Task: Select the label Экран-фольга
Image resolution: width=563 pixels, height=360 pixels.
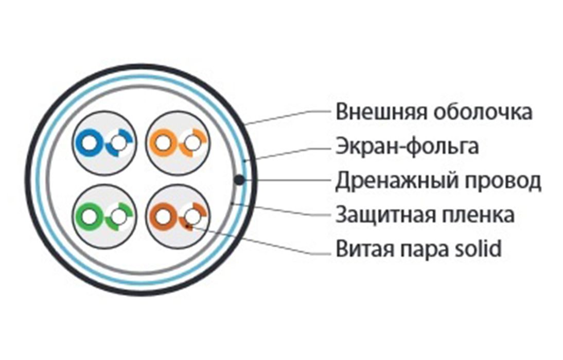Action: pyautogui.click(x=407, y=146)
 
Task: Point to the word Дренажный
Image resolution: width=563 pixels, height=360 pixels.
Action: pyautogui.click(x=397, y=181)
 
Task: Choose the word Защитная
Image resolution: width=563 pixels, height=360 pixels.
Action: pyautogui.click(x=385, y=215)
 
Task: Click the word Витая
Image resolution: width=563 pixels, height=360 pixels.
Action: pyautogui.click(x=363, y=249)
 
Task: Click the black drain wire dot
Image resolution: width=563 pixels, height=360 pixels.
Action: pyautogui.click(x=239, y=179)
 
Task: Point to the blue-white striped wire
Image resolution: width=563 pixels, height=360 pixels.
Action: pyautogui.click(x=119, y=143)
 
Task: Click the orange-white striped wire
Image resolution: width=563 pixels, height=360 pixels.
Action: pyautogui.click(x=193, y=143)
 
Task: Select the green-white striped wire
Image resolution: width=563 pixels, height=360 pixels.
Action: pyautogui.click(x=119, y=217)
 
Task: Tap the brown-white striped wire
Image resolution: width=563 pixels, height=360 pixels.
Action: pyautogui.click(x=193, y=217)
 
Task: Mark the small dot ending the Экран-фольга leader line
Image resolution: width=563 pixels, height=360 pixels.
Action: pyautogui.click(x=244, y=161)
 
